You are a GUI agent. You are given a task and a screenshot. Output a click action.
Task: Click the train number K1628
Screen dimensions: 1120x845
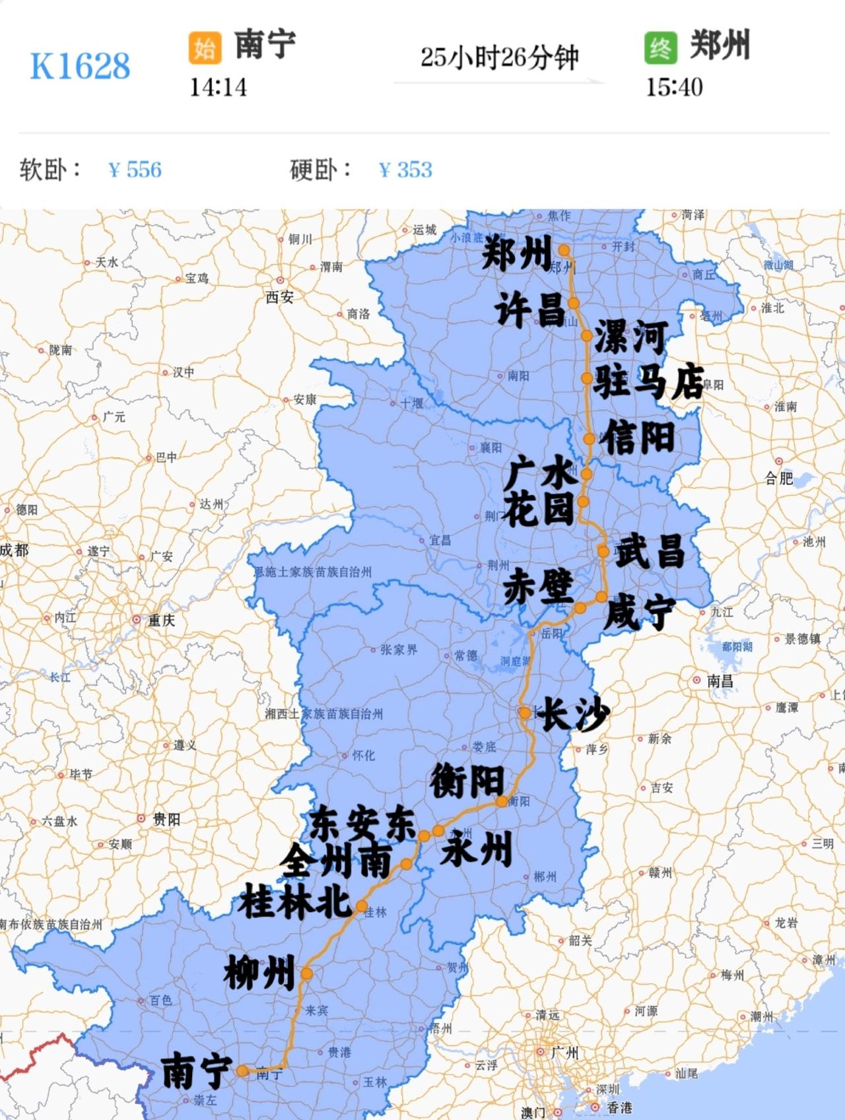click(80, 66)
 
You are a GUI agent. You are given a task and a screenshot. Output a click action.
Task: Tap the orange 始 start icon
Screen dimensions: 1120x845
click(205, 48)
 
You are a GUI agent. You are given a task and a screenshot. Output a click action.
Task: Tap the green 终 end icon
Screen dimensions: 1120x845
click(660, 48)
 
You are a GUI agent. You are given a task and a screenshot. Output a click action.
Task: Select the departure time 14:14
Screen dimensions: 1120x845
click(218, 87)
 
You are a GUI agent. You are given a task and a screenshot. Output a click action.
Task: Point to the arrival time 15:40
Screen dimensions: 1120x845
click(673, 87)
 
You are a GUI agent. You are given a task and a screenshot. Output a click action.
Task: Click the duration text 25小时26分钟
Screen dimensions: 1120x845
click(499, 58)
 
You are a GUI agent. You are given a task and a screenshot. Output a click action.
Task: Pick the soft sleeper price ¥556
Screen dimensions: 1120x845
click(135, 170)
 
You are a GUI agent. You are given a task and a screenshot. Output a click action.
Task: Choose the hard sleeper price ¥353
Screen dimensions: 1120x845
click(406, 170)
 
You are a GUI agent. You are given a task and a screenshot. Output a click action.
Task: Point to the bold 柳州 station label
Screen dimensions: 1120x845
click(259, 972)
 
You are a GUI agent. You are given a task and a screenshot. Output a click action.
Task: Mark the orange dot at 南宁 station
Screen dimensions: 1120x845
click(243, 1071)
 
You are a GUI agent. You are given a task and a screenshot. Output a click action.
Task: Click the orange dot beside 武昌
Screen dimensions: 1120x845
click(603, 551)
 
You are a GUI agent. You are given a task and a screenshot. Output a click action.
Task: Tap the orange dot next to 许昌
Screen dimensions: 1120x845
click(573, 303)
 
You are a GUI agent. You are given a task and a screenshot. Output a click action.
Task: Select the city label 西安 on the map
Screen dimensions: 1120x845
click(280, 298)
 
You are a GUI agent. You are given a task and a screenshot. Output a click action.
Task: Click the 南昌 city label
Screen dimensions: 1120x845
click(720, 680)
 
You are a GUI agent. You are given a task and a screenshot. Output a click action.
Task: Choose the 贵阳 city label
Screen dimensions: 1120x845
click(166, 820)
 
